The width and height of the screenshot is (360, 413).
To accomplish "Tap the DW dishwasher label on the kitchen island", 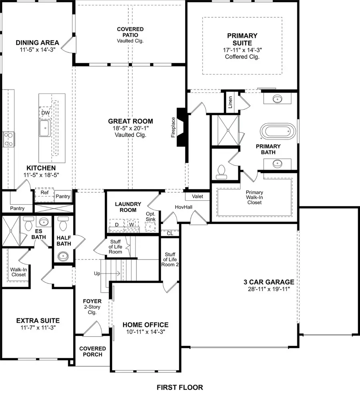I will point(44,113).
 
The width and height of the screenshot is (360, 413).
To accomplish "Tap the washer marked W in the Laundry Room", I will point(131,225).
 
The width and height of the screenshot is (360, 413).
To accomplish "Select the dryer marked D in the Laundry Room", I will point(117,225).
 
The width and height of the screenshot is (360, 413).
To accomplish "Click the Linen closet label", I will point(230,103).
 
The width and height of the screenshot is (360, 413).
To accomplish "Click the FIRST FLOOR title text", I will point(180,387).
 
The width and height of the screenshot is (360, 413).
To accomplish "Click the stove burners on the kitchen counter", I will point(8,140).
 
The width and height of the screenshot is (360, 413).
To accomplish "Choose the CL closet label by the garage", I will point(170,233).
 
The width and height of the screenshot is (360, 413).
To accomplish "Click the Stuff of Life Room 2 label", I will point(169,259).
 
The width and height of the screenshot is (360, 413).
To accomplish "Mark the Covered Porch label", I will point(92,351).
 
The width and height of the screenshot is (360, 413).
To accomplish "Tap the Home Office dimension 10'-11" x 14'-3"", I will point(145,332).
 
